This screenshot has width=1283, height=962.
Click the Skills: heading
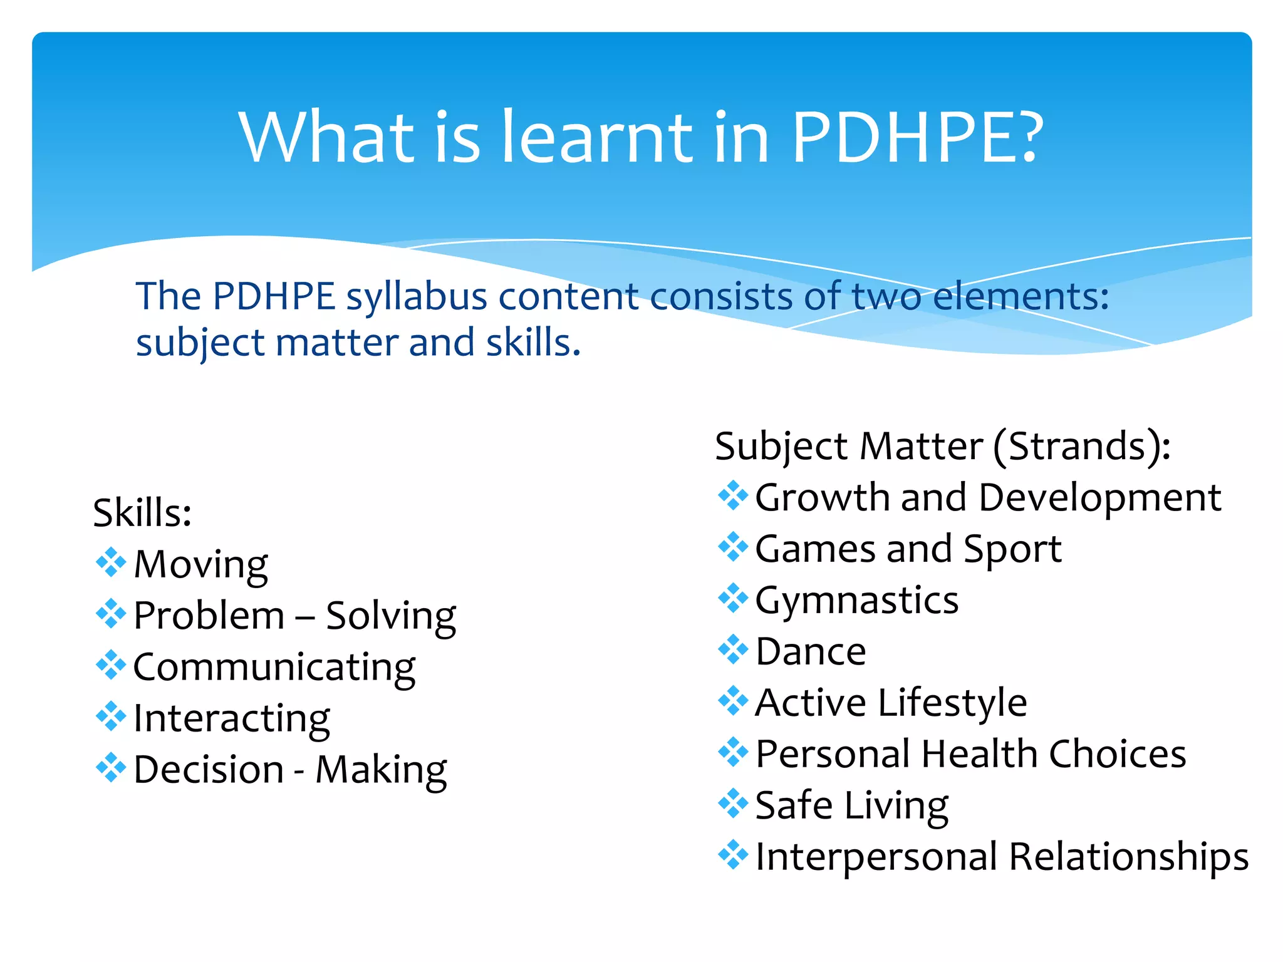[x=142, y=513]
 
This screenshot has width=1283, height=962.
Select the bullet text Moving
[x=201, y=564]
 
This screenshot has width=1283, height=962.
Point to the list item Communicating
[x=274, y=667]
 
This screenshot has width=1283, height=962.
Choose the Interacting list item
[x=232, y=718]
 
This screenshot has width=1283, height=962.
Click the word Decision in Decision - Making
[x=209, y=770]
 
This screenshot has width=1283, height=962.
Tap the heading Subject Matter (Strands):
[x=943, y=447]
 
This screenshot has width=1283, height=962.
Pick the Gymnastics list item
[x=856, y=601]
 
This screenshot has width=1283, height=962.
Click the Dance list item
[x=811, y=652]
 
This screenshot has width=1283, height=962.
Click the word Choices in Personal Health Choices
[x=1117, y=754]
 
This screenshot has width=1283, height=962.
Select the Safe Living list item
[x=851, y=805]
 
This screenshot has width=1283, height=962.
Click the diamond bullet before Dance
[x=733, y=649]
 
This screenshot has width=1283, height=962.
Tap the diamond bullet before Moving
[x=111, y=562]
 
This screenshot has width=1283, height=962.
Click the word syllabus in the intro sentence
[x=417, y=297]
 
